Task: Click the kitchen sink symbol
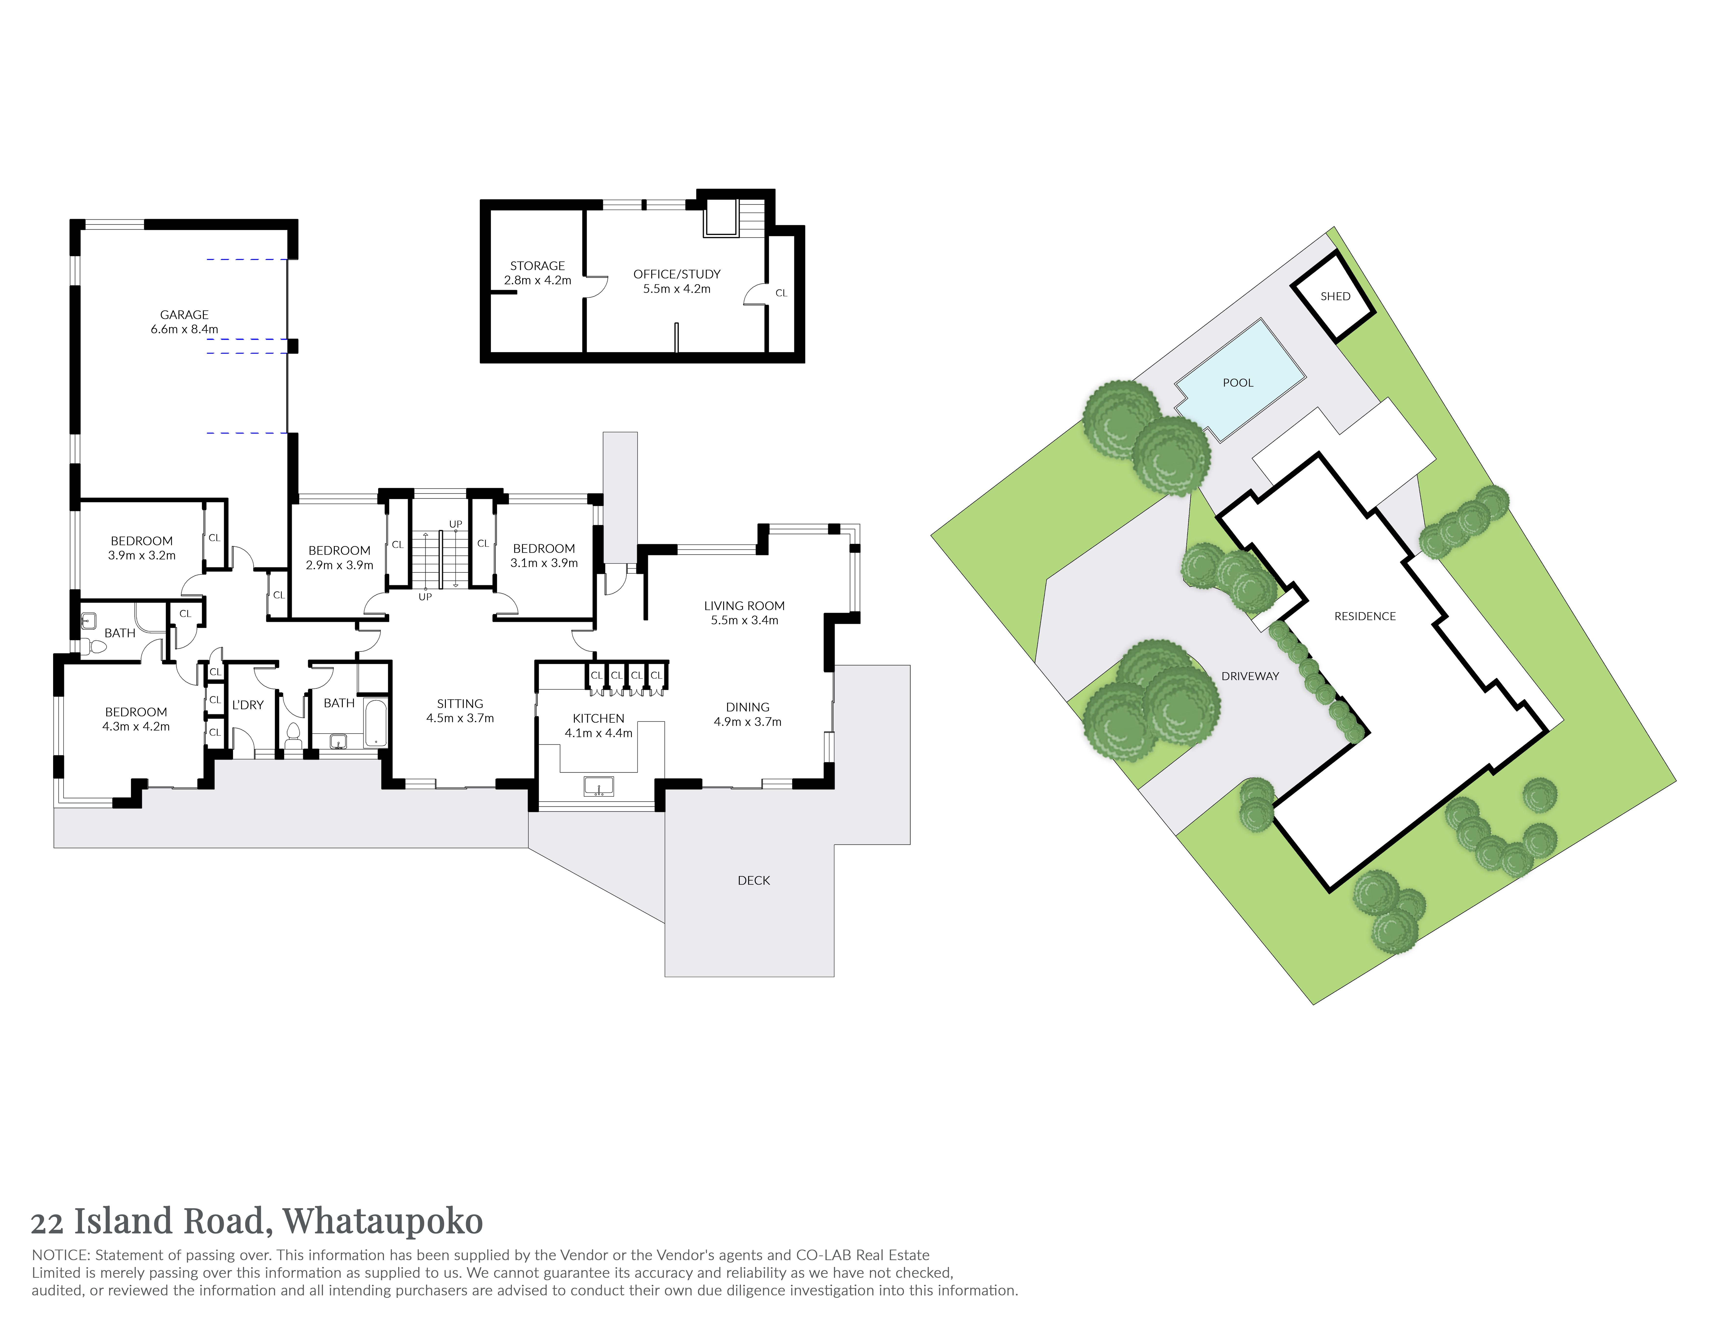[x=599, y=786]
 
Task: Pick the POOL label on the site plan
[x=1238, y=383]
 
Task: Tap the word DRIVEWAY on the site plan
[x=1250, y=676]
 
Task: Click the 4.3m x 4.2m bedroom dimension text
[x=136, y=726]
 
